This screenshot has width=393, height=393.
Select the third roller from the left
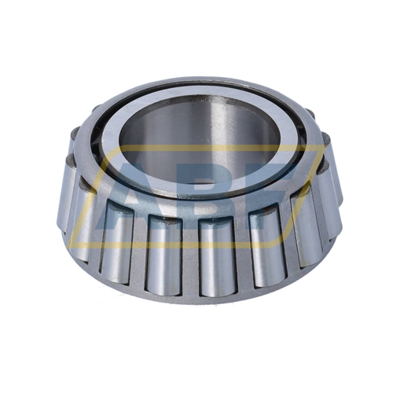[163, 250]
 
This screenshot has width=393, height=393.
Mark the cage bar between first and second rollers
[94, 224]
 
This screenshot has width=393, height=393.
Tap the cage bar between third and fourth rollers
[189, 253]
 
